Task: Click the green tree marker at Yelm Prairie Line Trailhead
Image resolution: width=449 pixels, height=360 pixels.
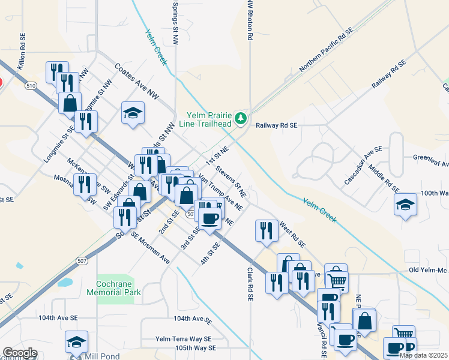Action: [x=241, y=118]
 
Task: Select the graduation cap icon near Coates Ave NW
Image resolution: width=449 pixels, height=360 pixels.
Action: [x=133, y=113]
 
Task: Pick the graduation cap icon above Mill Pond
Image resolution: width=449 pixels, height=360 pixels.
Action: [x=76, y=342]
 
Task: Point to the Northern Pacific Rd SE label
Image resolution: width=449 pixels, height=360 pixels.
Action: [x=324, y=53]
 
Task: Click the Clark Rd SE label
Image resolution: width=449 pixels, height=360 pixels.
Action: [x=248, y=284]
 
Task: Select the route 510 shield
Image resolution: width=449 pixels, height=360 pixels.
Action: [x=29, y=85]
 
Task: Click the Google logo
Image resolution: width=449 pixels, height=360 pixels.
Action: [x=20, y=353]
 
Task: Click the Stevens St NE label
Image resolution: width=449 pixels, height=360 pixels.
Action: [x=232, y=181]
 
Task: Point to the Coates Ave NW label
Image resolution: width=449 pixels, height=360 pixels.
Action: [x=136, y=81]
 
